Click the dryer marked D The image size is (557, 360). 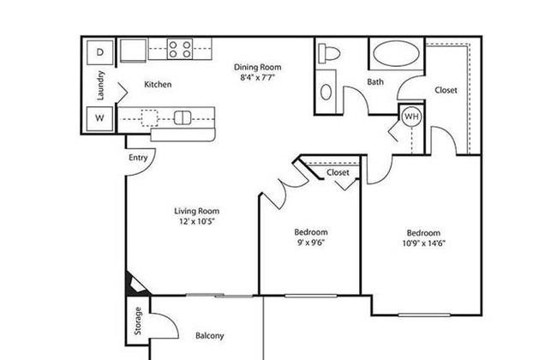pos(99,52)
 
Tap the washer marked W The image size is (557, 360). pos(99,118)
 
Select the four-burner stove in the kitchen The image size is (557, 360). pos(180,49)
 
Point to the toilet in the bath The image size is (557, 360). pos(328,54)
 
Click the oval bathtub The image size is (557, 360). pos(396,53)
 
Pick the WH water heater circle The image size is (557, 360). pos(411,117)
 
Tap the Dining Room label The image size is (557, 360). pos(258,67)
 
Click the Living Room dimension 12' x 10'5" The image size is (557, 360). pos(197,222)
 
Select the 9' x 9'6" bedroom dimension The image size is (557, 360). pos(311,243)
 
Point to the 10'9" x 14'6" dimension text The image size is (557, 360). pos(424,243)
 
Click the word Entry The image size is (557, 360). pos(138,158)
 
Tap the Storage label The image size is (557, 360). pos(138,321)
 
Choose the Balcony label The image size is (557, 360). pos(210,336)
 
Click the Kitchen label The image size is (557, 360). pos(158,85)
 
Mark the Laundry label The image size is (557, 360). pos(100,86)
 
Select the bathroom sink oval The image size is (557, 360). pos(326,92)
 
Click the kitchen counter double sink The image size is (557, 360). pos(183,117)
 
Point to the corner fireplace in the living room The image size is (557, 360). pos(135,285)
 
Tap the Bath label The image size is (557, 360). pos(375,82)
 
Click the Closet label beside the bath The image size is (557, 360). pos(446,90)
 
